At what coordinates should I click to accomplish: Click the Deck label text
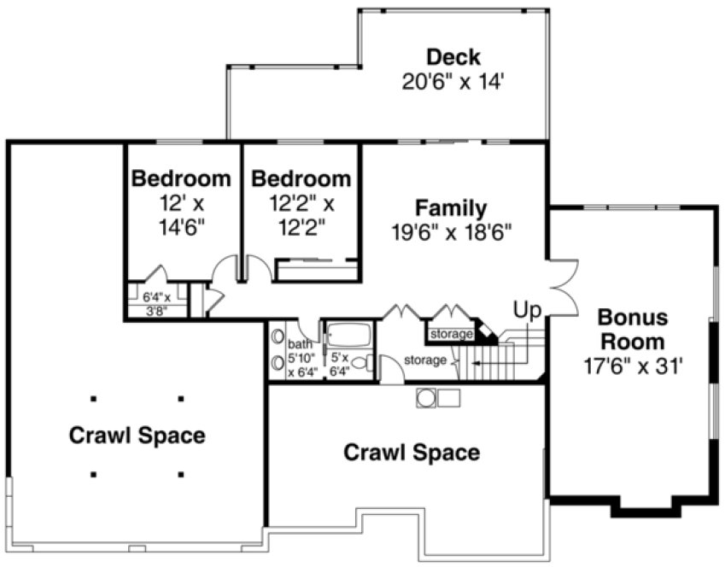(453, 58)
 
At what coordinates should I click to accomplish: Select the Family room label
(451, 208)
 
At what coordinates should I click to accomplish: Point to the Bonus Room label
(630, 329)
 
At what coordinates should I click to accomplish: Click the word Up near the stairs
(527, 308)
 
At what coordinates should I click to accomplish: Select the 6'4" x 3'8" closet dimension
(156, 304)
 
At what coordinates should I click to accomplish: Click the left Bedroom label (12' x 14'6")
(181, 179)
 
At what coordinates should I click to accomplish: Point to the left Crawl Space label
(137, 435)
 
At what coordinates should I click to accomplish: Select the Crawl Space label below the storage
(411, 452)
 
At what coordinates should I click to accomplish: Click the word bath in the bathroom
(301, 344)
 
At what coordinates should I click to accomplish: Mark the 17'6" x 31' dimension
(630, 367)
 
